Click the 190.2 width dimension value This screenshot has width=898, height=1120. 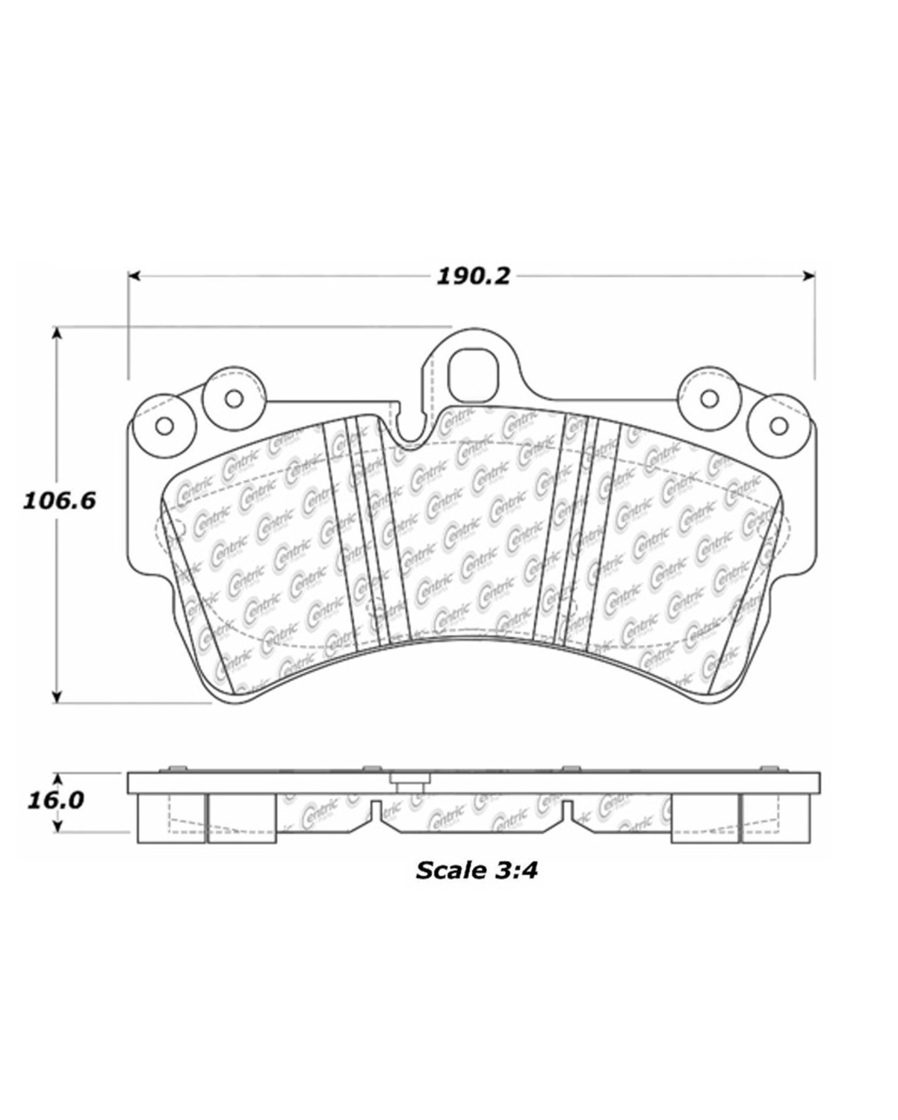(473, 276)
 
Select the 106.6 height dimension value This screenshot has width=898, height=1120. (59, 500)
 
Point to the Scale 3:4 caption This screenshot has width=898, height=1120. (477, 870)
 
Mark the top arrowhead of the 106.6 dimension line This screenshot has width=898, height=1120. (56, 332)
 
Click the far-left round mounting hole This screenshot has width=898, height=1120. (165, 426)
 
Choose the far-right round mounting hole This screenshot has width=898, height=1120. (778, 426)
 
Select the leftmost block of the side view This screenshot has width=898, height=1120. (171, 818)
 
